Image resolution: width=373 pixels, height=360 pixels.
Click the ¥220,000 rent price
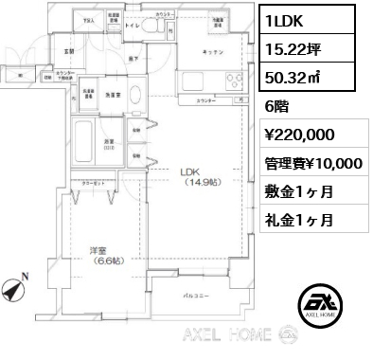point(298,135)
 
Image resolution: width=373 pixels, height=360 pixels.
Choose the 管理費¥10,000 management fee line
point(312,163)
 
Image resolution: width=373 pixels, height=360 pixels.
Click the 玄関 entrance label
point(69,51)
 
